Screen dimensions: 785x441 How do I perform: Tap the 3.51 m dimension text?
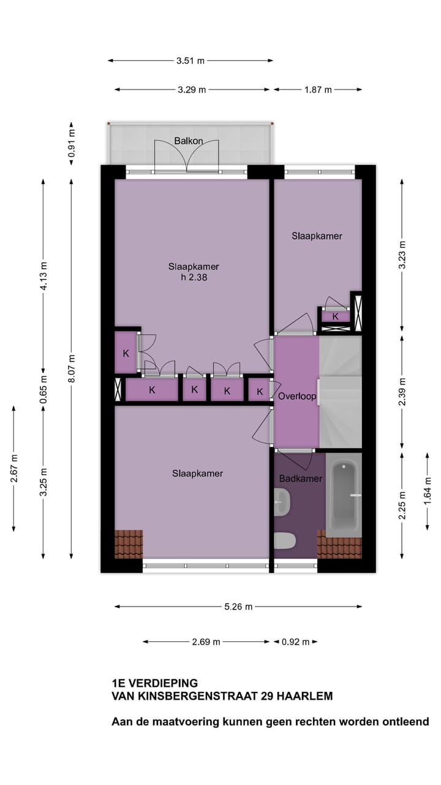pyautogui.click(x=190, y=61)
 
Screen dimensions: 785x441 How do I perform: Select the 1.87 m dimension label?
pyautogui.click(x=318, y=90)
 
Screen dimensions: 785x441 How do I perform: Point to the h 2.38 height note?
pyautogui.click(x=194, y=277)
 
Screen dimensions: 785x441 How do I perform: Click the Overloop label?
pyautogui.click(x=296, y=396)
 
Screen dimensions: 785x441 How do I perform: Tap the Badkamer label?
pyautogui.click(x=300, y=478)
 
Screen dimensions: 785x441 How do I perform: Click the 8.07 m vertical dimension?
pyautogui.click(x=72, y=369)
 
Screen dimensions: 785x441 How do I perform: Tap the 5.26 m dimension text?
pyautogui.click(x=238, y=607)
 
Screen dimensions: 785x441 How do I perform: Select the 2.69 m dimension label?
pyautogui.click(x=206, y=642)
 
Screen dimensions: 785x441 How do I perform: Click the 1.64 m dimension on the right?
pyautogui.click(x=428, y=491)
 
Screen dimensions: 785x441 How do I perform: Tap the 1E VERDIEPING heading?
pyautogui.click(x=154, y=683)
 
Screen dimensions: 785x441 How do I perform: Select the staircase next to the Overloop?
pyautogui.click(x=341, y=392)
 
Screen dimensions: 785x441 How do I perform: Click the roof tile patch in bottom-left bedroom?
pyautogui.click(x=129, y=544)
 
